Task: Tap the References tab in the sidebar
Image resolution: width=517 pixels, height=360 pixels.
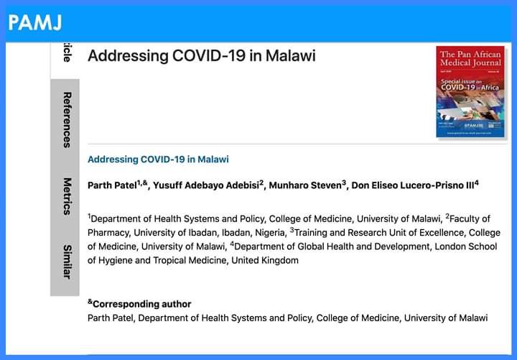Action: click(65, 119)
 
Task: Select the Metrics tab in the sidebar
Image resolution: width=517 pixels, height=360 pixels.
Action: click(65, 196)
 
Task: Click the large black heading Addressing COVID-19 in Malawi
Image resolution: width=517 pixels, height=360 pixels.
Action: click(201, 56)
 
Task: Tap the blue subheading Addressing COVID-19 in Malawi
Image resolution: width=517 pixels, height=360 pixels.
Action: click(158, 159)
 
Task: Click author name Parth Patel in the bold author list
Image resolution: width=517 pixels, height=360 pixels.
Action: click(111, 185)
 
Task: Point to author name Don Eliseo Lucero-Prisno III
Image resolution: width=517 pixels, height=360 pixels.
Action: click(415, 185)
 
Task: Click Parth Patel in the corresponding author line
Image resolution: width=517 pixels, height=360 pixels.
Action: click(111, 318)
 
